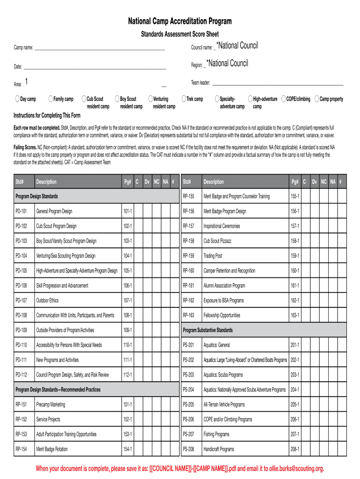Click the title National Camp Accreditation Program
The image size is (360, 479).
point(180,22)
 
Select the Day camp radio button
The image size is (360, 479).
point(17,99)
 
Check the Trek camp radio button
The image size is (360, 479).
point(184,99)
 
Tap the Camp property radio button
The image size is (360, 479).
point(317,99)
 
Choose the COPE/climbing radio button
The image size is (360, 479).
point(283,99)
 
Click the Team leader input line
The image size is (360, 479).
point(278,83)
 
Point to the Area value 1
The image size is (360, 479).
point(27,82)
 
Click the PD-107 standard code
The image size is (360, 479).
point(21,300)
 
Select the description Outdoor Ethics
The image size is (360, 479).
point(47,300)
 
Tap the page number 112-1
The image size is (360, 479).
point(128,375)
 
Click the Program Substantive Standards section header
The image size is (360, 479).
point(208,330)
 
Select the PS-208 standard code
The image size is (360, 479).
point(188,449)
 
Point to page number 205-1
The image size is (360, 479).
point(295,405)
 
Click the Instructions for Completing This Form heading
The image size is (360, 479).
point(47,116)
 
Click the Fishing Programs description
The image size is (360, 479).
point(216,434)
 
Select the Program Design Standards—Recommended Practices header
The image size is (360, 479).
point(58,390)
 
